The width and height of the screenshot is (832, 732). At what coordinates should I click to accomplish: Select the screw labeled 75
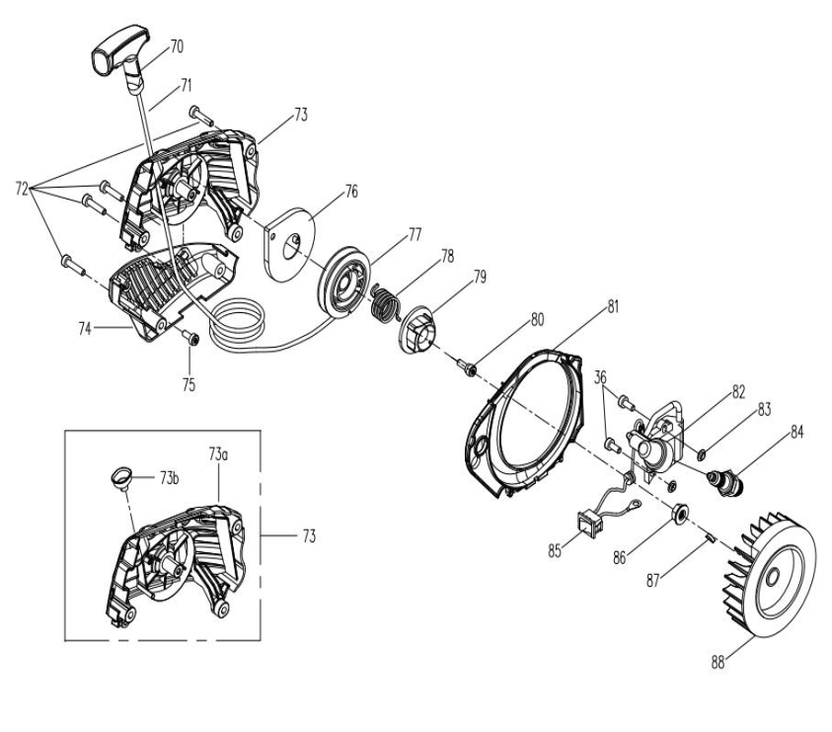[x=192, y=339]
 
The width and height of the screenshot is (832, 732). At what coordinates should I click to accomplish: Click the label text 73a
[x=218, y=452]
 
